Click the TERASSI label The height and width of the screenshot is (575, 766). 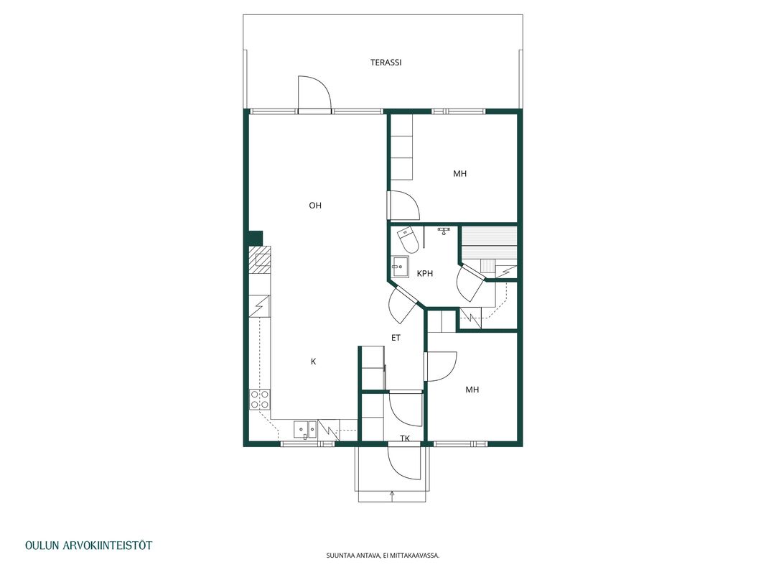(386, 63)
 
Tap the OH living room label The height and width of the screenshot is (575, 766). (315, 206)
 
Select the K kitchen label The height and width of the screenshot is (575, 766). (314, 362)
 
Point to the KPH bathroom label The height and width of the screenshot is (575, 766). (425, 274)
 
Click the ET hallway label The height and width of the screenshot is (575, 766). (396, 338)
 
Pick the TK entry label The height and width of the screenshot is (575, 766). (405, 438)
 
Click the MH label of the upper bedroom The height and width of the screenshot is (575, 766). (459, 173)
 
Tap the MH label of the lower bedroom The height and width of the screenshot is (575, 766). (472, 390)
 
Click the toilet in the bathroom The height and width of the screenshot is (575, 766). (408, 239)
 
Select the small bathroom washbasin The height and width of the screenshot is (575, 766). (400, 267)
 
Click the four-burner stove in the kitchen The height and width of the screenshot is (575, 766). (259, 399)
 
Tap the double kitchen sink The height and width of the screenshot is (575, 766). (305, 429)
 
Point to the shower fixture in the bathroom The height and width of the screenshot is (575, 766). (444, 230)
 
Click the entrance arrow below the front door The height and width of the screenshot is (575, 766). (392, 496)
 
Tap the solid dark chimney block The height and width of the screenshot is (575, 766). (256, 238)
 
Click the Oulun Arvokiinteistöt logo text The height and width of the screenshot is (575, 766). (89, 546)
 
